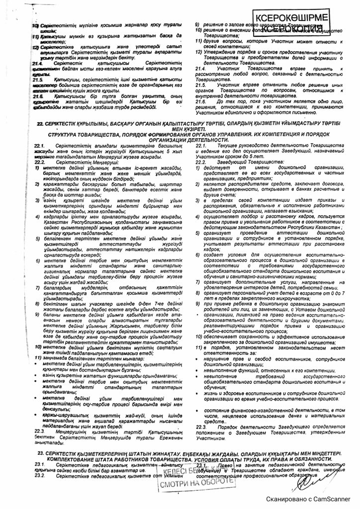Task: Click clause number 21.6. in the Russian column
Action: (201, 100)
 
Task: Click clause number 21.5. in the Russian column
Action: (201, 85)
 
